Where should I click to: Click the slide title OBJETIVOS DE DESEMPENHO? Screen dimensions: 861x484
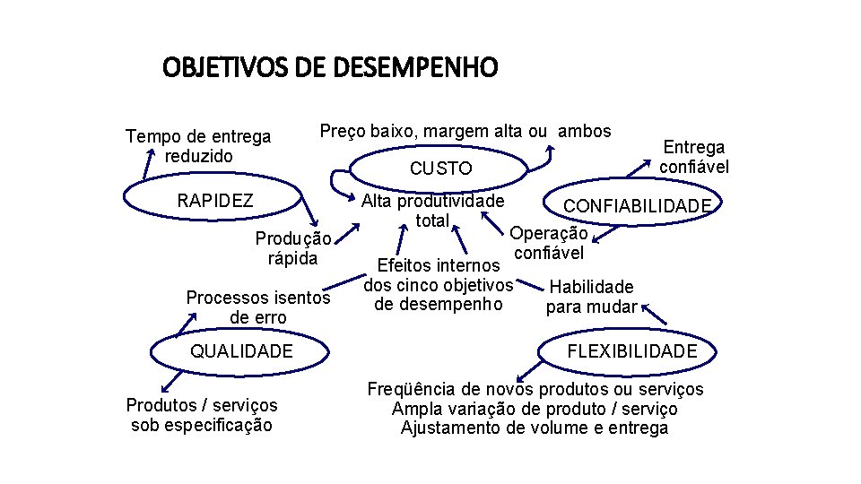329,67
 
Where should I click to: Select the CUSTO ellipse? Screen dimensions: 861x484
440,168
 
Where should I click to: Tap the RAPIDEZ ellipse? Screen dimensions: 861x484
215,200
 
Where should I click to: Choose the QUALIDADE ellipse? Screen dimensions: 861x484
241,350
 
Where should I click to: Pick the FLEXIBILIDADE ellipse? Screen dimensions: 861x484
631,350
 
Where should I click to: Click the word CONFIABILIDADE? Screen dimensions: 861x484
637,207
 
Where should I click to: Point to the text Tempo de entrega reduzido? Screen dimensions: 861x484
198,146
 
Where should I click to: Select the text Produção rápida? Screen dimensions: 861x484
293,248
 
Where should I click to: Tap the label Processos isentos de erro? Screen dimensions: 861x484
258,307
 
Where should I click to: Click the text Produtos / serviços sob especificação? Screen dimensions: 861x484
202,415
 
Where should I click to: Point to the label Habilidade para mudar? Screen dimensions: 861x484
591,298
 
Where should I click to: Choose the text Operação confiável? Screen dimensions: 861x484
549,243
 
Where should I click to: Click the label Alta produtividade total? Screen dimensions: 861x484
432,211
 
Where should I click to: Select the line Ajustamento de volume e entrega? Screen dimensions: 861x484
535,428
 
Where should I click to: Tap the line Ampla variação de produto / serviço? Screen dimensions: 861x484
535,409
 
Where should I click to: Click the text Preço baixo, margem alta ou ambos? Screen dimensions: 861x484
465,131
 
